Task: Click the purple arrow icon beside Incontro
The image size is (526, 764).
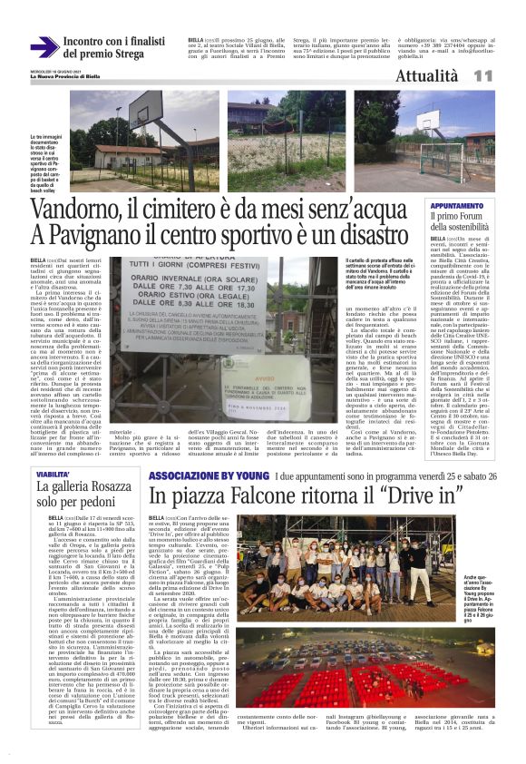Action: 44,46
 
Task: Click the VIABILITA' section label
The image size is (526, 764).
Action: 54,473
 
